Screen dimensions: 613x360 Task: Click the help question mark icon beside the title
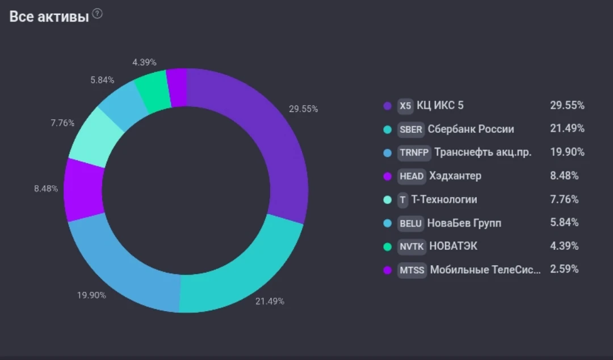(98, 14)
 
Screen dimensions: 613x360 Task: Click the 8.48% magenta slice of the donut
(83, 190)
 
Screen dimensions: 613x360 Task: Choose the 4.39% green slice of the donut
(152, 91)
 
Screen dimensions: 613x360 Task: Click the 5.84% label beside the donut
(102, 80)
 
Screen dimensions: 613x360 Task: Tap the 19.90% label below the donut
(91, 295)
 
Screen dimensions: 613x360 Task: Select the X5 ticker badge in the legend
(405, 106)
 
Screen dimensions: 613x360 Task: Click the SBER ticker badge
(411, 129)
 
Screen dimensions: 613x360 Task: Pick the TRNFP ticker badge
(414, 153)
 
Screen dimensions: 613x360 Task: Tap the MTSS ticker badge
(412, 270)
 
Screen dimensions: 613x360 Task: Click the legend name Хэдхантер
(455, 176)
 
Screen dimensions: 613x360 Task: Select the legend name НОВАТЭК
(453, 246)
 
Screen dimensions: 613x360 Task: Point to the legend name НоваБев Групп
(464, 223)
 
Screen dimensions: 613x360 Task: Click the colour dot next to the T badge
(388, 199)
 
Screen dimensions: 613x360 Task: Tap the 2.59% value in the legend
(564, 269)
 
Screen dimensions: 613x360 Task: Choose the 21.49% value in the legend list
(567, 128)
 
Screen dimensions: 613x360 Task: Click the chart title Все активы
(49, 16)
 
